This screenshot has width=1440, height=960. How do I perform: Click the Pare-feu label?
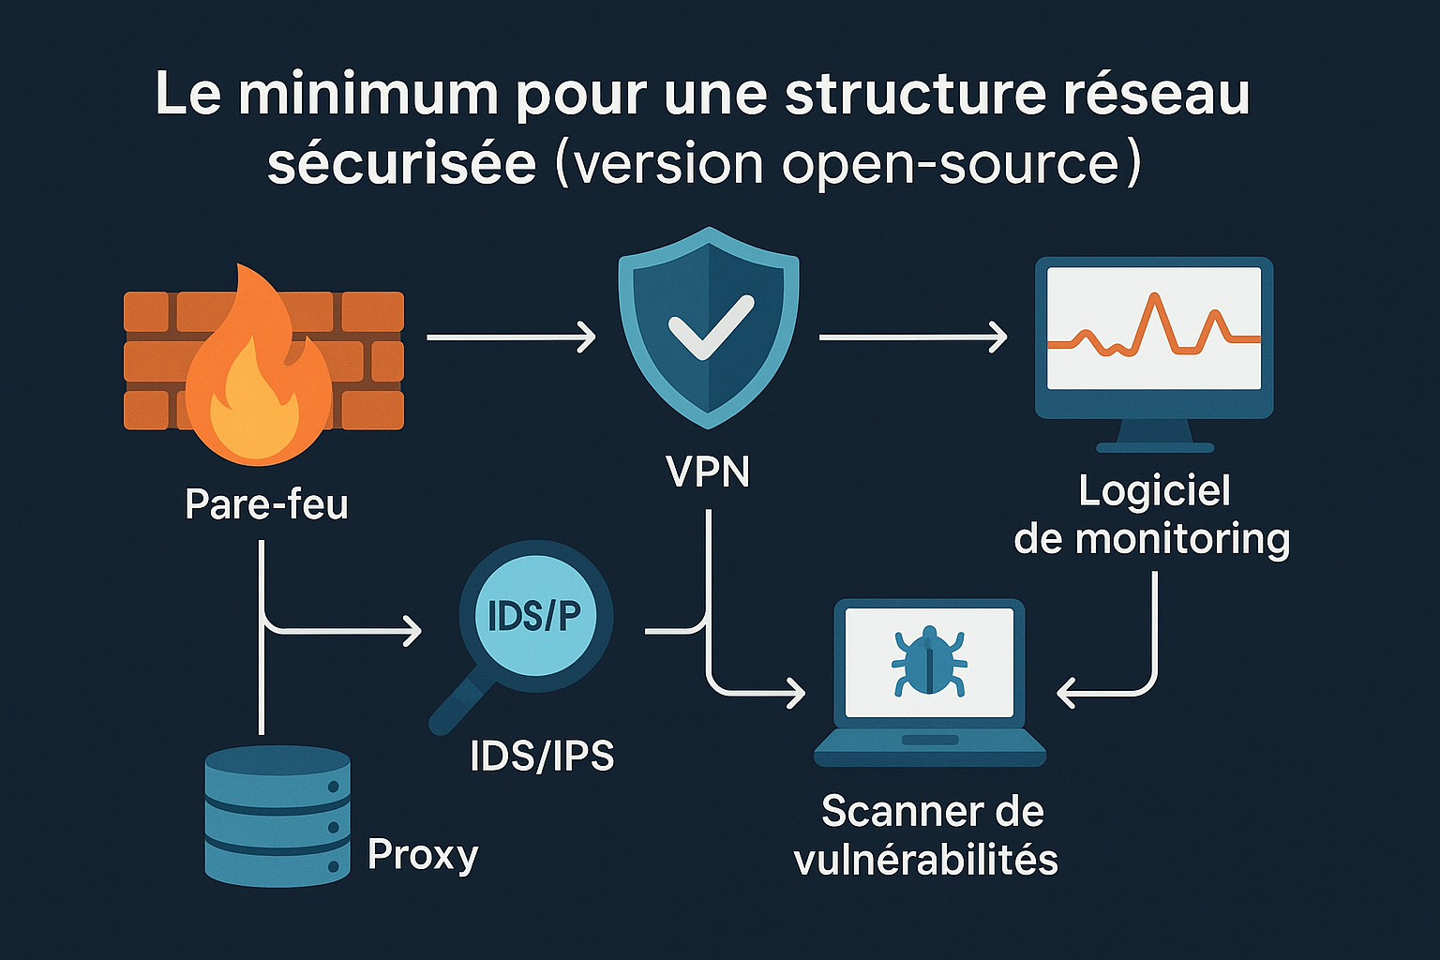point(267,504)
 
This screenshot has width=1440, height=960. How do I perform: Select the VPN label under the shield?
point(709,472)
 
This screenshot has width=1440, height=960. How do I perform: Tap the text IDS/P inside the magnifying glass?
point(534,616)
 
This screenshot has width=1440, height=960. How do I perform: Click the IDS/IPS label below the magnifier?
point(542,756)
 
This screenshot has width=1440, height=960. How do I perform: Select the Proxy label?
point(423,854)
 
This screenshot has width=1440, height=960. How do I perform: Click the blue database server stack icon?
point(277,816)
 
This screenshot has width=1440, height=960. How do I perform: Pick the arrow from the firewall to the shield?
point(511,337)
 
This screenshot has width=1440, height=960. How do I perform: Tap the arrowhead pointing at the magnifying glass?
point(412,630)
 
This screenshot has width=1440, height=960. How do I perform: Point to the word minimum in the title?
point(367,95)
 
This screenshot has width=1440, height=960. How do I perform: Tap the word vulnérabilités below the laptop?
point(926,860)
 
